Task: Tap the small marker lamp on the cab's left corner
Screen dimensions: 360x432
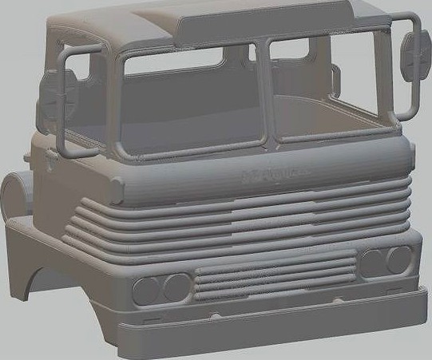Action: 117,191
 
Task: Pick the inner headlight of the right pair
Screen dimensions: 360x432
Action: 371,262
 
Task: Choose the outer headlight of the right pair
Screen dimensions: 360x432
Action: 398,258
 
